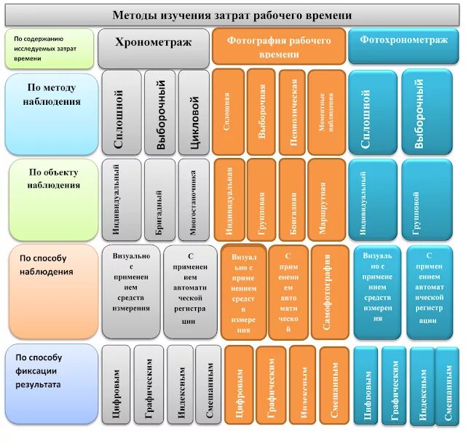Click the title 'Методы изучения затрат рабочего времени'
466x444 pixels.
pos(232,15)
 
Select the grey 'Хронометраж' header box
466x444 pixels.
pos(153,43)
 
